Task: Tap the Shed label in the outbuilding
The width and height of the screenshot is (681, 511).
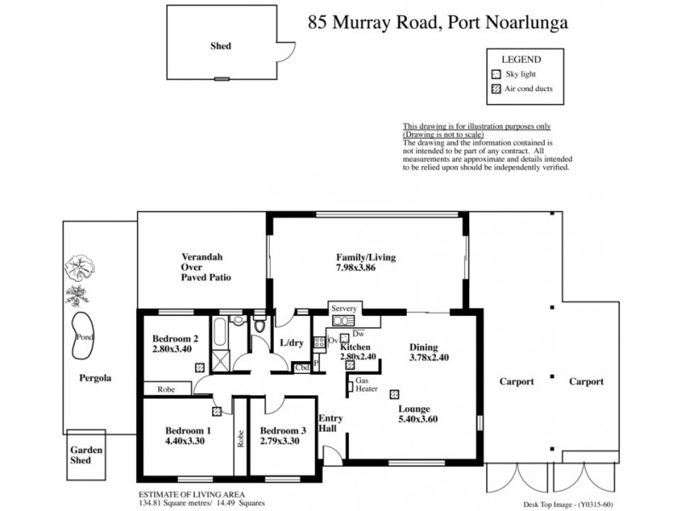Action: click(x=220, y=47)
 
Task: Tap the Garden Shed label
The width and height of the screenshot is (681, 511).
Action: click(x=86, y=456)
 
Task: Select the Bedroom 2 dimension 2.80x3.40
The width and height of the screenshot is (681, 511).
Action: click(x=173, y=349)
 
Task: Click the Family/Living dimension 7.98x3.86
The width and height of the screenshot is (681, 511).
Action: click(x=366, y=269)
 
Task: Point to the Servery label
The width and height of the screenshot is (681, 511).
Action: click(x=344, y=308)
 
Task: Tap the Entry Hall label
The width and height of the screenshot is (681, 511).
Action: click(x=329, y=423)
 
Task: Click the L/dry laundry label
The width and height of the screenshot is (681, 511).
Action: click(x=292, y=343)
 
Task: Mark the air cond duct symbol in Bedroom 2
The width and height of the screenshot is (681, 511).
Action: click(x=199, y=368)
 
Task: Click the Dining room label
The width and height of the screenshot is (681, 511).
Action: click(x=424, y=347)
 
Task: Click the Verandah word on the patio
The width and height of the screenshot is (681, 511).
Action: click(x=201, y=255)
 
